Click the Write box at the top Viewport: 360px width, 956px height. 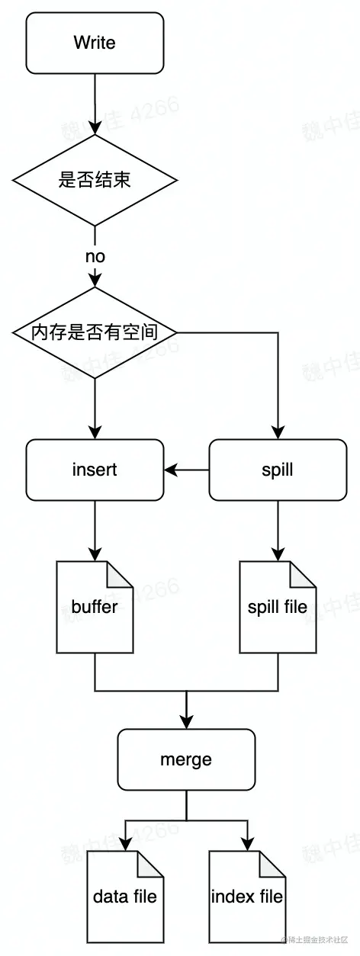pyautogui.click(x=95, y=43)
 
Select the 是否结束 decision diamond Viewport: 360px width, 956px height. pyautogui.click(x=95, y=180)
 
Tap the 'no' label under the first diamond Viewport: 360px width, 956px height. pyautogui.click(x=95, y=256)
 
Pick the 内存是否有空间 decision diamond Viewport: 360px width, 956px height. pyautogui.click(x=95, y=332)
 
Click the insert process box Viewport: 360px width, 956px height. pyautogui.click(x=95, y=470)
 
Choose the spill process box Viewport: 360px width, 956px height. pyautogui.click(x=277, y=470)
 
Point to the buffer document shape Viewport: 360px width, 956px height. pyautogui.click(x=95, y=607)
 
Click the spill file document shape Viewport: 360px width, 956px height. pyautogui.click(x=277, y=607)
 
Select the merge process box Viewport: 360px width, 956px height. pyautogui.click(x=186, y=759)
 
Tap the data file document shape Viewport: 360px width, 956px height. pyautogui.click(x=124, y=897)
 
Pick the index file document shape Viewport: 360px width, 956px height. pyautogui.click(x=246, y=897)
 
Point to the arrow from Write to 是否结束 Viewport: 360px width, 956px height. pyautogui.click(x=95, y=103)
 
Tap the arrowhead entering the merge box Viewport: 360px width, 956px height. pyautogui.click(x=186, y=721)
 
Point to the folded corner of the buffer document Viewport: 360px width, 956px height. pyautogui.click(x=121, y=573)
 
